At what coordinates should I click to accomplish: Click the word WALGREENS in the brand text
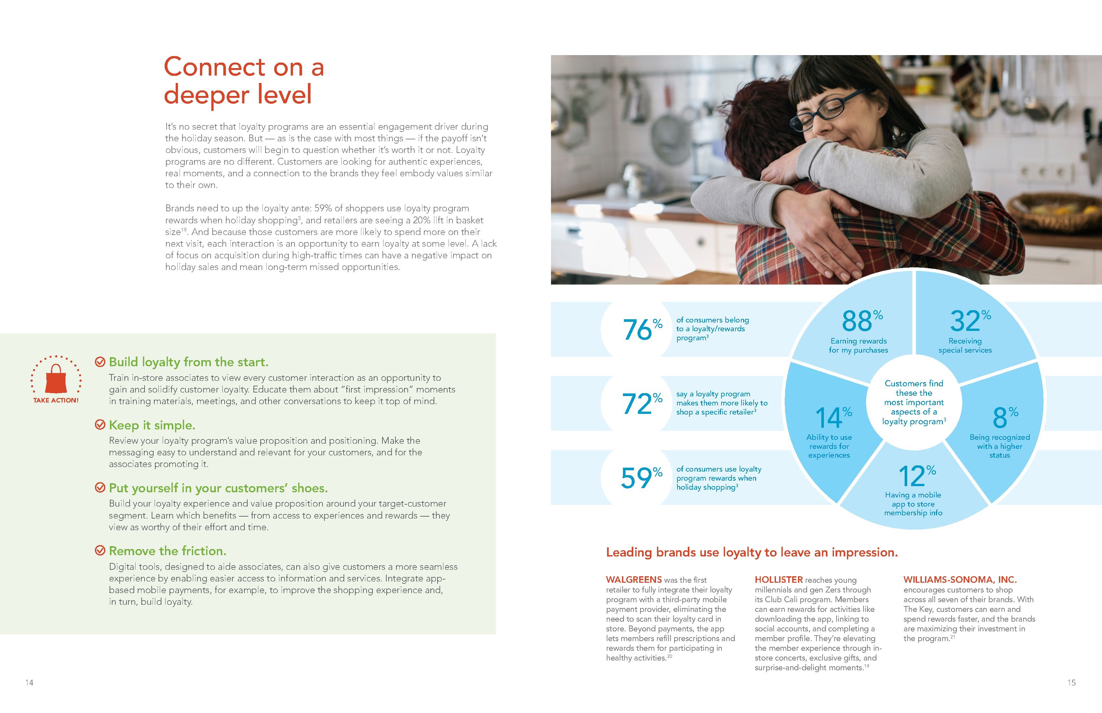point(633,580)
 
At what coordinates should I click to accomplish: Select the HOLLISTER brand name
point(778,580)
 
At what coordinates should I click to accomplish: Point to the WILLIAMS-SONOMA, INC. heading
point(959,580)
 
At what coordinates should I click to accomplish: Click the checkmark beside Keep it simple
point(100,425)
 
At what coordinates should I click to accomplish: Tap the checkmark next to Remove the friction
point(100,551)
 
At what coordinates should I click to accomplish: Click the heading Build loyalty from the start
point(188,362)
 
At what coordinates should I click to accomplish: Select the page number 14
point(29,683)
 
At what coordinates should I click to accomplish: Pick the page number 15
point(1072,683)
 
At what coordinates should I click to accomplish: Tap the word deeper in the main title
point(206,95)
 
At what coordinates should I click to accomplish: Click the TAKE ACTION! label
point(55,401)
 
